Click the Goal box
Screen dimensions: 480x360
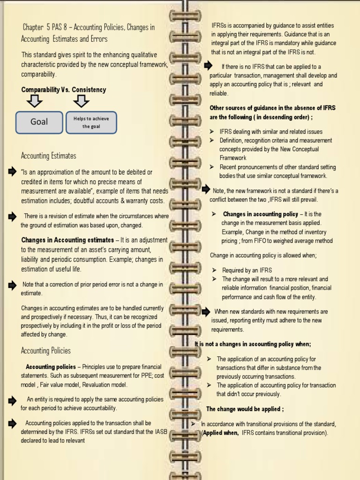click(x=39, y=122)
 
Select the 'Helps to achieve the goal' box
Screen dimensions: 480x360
click(x=91, y=122)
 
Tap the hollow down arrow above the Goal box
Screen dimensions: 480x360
click(x=34, y=101)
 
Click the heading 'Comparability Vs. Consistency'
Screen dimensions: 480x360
click(x=64, y=90)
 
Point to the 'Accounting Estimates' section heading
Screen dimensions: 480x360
click(x=49, y=156)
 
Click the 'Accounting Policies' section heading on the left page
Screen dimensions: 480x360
click(x=46, y=351)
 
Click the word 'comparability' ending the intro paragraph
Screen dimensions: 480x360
click(x=38, y=75)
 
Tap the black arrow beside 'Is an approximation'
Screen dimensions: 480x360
click(x=12, y=172)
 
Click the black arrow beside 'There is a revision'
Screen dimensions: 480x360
click(x=12, y=216)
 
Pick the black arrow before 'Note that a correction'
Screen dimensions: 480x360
click(x=12, y=285)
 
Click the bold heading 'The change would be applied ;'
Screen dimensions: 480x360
click(x=245, y=409)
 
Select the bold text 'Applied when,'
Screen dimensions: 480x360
click(x=221, y=433)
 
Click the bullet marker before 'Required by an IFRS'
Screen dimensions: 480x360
click(x=214, y=270)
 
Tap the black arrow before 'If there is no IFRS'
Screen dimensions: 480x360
click(x=208, y=66)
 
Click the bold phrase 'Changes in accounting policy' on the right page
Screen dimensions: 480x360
click(x=260, y=214)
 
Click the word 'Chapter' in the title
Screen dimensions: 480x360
click(x=32, y=28)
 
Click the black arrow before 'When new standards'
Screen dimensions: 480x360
click(x=205, y=311)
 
